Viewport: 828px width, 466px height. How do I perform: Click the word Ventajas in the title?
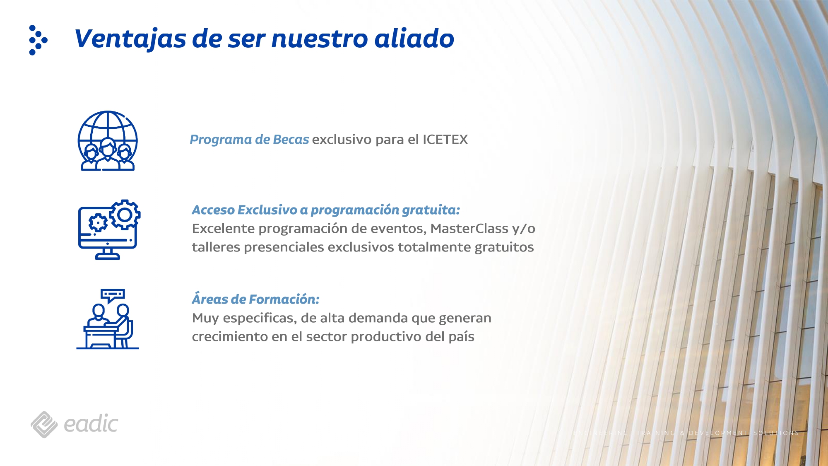click(x=130, y=39)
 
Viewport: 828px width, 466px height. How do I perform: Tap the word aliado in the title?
click(x=414, y=39)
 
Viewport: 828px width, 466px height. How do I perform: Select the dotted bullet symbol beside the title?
click(x=38, y=40)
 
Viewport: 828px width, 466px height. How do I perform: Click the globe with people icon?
click(x=108, y=141)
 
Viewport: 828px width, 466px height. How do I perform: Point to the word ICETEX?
click(x=445, y=140)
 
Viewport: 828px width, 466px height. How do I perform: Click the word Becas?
click(x=291, y=140)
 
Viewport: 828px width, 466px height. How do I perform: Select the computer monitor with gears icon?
click(x=108, y=230)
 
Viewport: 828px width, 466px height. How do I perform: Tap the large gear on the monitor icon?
click(x=125, y=215)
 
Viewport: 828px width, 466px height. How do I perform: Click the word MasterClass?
click(x=469, y=229)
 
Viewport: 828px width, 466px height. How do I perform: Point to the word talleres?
click(x=216, y=247)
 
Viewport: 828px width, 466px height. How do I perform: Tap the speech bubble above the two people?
click(x=112, y=295)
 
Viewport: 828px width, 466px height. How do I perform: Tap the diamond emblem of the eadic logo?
click(x=44, y=425)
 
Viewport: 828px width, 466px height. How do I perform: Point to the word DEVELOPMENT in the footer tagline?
click(x=718, y=433)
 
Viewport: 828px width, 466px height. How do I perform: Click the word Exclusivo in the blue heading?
click(x=267, y=210)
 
